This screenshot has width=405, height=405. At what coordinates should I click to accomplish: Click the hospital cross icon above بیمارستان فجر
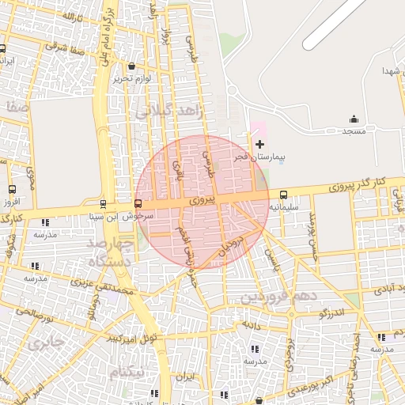[260, 144]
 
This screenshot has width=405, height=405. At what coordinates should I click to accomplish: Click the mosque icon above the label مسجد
[354, 119]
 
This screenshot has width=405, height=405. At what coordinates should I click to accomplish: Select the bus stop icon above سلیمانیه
[283, 195]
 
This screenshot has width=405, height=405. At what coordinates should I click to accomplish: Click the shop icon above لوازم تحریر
[131, 66]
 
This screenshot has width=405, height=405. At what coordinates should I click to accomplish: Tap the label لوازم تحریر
[131, 78]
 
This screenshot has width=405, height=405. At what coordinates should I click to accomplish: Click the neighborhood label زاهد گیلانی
[169, 112]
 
